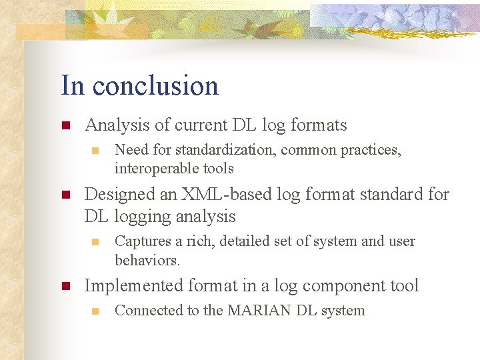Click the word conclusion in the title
tap(155, 86)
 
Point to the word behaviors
tap(147, 259)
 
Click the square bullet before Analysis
tap(65, 125)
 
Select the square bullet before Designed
tap(65, 195)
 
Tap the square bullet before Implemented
tap(65, 287)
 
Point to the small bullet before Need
tap(95, 151)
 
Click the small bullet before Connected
tap(95, 311)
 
